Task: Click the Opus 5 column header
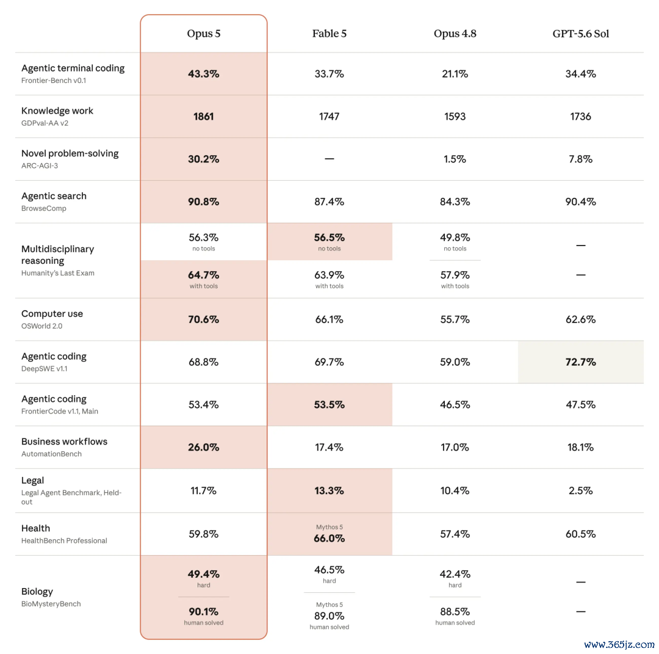(x=203, y=34)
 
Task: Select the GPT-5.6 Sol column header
(x=580, y=34)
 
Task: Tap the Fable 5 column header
(x=329, y=34)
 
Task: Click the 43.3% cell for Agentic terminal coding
(x=203, y=74)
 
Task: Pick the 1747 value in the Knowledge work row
(x=329, y=117)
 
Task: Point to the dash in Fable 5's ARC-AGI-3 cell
(x=329, y=159)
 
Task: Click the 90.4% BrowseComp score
(x=580, y=202)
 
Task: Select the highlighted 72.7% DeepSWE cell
(x=580, y=362)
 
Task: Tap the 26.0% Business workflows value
(x=203, y=447)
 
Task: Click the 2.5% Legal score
(x=580, y=491)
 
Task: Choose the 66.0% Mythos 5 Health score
(x=329, y=539)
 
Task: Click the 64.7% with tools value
(x=203, y=275)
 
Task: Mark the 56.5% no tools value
(x=329, y=238)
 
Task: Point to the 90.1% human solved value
(x=203, y=611)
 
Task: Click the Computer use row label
(x=52, y=314)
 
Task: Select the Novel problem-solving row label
(x=70, y=153)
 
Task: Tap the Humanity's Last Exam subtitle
(x=57, y=273)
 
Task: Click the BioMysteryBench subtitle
(x=51, y=604)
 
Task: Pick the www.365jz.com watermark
(x=619, y=645)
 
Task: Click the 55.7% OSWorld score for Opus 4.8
(x=455, y=319)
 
